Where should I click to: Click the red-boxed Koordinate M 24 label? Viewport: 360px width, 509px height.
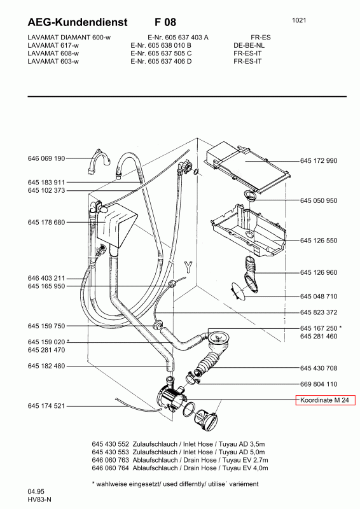(x=325, y=400)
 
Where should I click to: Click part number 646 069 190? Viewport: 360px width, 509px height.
(x=46, y=158)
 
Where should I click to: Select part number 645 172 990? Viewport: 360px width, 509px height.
(x=319, y=161)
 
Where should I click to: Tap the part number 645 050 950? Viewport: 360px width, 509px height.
(x=319, y=200)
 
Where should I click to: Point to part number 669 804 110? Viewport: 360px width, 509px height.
(x=319, y=384)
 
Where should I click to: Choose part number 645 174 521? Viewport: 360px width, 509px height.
(x=46, y=406)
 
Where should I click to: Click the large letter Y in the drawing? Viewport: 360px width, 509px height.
(x=188, y=267)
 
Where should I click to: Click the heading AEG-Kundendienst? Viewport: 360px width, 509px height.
(x=78, y=22)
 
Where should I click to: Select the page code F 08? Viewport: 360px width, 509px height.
(x=165, y=22)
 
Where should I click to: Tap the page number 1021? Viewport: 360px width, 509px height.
(x=299, y=20)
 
